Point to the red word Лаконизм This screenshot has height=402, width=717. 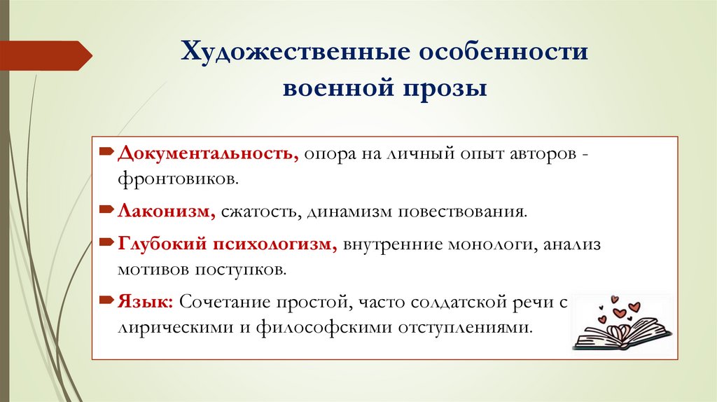click(167, 211)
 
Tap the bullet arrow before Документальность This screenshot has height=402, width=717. click(105, 151)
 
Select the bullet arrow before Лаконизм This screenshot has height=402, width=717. click(105, 209)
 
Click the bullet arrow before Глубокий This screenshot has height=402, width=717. click(105, 242)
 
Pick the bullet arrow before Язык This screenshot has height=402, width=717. click(105, 300)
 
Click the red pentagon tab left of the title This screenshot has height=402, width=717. click(46, 55)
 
